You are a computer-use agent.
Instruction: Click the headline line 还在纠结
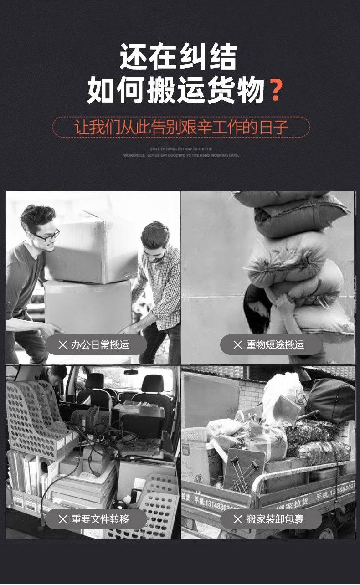coord(178,57)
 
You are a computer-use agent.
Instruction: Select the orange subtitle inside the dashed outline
coord(181,127)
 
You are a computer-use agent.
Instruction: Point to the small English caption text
coord(181,152)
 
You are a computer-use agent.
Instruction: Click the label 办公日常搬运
coord(100,345)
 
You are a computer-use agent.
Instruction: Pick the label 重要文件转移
coord(100,519)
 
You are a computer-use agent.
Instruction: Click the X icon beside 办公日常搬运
coord(62,345)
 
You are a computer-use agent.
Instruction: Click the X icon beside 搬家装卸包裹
coord(237,519)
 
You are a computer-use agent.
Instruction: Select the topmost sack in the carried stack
coord(273,198)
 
